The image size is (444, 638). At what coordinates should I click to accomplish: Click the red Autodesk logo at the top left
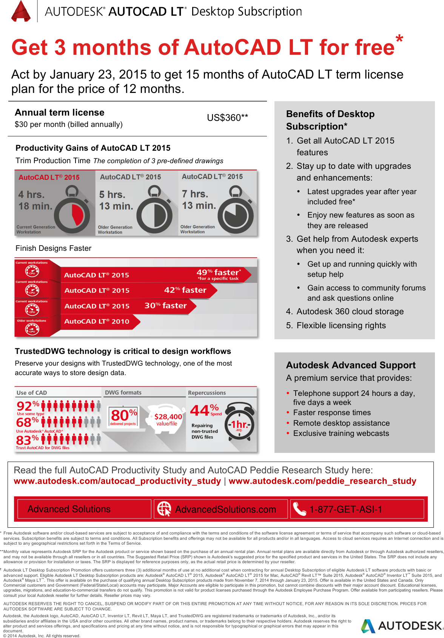(x=21, y=11)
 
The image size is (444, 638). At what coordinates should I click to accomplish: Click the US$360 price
(x=227, y=118)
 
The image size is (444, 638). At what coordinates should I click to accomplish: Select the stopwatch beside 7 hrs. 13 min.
(x=236, y=212)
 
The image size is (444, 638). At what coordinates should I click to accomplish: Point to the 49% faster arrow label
(x=219, y=274)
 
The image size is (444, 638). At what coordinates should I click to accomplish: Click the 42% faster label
(x=185, y=290)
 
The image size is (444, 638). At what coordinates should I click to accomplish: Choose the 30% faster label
(x=166, y=306)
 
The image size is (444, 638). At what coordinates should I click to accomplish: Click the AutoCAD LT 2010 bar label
(x=97, y=321)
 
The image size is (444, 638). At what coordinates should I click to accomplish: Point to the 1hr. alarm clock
(x=239, y=423)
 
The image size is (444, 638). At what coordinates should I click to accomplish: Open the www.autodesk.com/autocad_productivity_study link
(x=117, y=481)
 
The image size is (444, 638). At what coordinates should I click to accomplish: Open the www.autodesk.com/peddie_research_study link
(x=322, y=481)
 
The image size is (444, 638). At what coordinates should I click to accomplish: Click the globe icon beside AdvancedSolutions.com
(x=164, y=509)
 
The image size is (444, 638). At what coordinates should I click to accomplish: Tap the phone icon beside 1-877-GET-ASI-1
(x=299, y=509)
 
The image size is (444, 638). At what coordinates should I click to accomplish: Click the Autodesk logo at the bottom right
(x=401, y=626)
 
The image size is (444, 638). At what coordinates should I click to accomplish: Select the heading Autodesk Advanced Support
(x=351, y=365)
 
